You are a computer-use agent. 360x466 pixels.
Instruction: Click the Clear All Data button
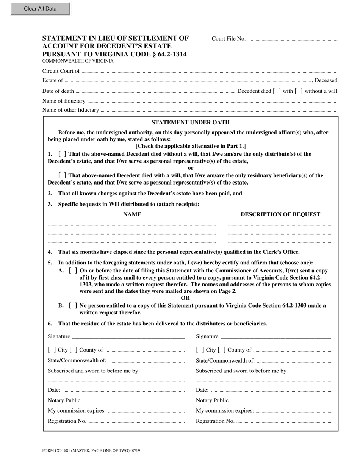point(40,9)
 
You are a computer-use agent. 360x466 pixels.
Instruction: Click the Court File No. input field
point(293,39)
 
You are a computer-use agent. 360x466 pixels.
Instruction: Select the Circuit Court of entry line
point(210,71)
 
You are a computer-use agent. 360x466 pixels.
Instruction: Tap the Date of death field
point(155,91)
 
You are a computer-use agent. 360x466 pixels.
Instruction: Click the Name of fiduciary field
point(213,101)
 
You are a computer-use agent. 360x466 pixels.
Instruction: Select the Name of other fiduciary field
point(219,110)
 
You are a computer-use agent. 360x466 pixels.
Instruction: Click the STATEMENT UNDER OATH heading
point(190,122)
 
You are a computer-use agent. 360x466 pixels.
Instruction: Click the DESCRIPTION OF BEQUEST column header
point(280,214)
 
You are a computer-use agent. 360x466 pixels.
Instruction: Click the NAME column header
point(132,214)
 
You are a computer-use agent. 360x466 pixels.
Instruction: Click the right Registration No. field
point(284,421)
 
